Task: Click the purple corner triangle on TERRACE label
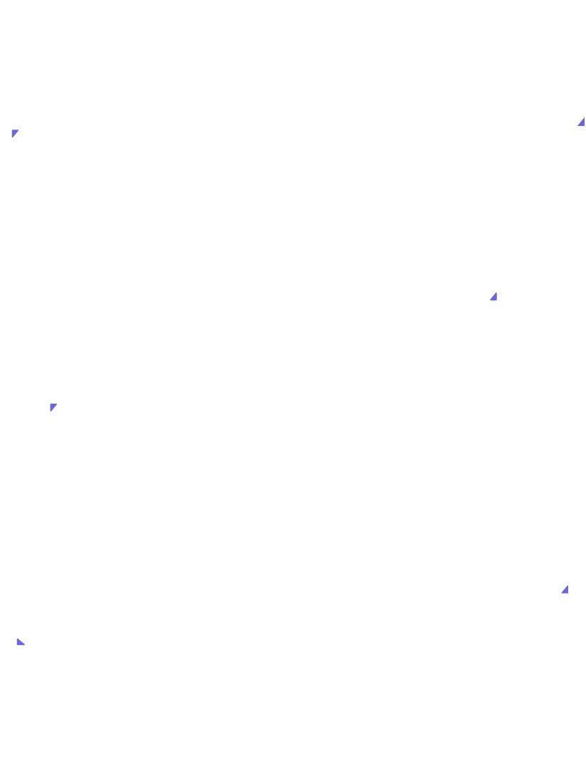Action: click(x=15, y=133)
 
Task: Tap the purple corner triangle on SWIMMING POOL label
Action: click(x=581, y=122)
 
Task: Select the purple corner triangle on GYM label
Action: click(x=493, y=296)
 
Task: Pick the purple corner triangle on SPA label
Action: click(x=53, y=407)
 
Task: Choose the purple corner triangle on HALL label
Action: click(x=20, y=642)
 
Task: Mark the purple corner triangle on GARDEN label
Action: click(x=565, y=589)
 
